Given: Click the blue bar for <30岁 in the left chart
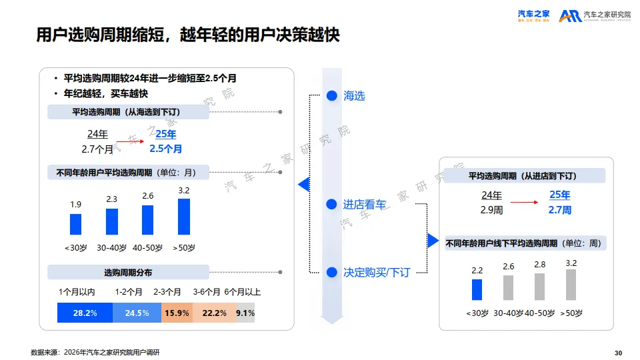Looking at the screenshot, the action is [x=75, y=224].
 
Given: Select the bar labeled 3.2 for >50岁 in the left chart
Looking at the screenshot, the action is [x=184, y=217].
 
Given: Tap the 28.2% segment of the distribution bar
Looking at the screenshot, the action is [x=85, y=313].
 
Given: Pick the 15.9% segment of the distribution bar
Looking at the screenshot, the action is [x=177, y=313].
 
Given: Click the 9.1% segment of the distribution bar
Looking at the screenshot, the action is [x=245, y=313].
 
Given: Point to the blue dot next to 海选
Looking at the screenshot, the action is [x=331, y=96].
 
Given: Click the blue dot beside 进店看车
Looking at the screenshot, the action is [x=331, y=205].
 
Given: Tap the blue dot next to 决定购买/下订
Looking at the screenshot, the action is [x=331, y=272].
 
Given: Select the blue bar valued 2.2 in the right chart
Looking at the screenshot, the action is [x=477, y=289].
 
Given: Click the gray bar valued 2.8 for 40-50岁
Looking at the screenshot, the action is [x=539, y=286].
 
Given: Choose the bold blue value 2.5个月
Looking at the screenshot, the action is [x=165, y=149].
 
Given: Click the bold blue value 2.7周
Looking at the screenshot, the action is [x=559, y=210].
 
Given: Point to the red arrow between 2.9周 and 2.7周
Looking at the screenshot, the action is [x=523, y=201].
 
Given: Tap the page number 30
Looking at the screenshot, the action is [x=617, y=353].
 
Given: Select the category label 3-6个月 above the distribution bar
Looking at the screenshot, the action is [x=207, y=292].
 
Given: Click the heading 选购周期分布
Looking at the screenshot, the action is [x=128, y=273].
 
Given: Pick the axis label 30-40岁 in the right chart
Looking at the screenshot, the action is [x=508, y=313].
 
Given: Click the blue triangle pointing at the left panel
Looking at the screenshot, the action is [x=303, y=184].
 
